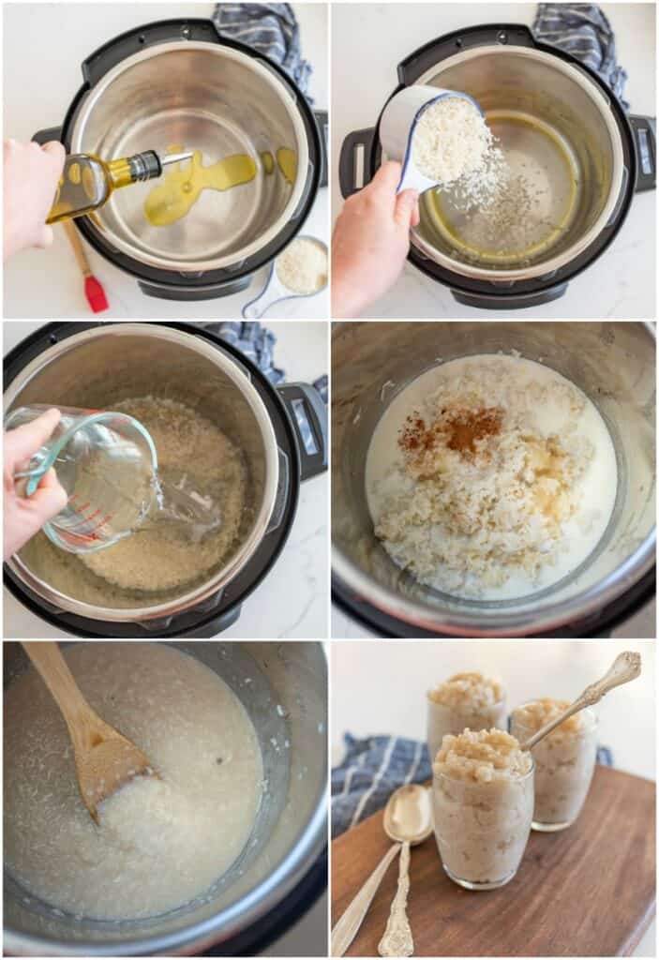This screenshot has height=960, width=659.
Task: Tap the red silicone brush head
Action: pyautogui.click(x=96, y=293)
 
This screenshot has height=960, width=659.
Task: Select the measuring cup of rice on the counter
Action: pyautogui.click(x=300, y=266)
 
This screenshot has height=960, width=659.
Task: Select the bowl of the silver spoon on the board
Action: pyautogui.click(x=408, y=816)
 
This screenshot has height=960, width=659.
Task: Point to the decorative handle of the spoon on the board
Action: pyautogui.click(x=396, y=919)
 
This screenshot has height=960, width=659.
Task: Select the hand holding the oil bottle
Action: pyautogui.click(x=28, y=197)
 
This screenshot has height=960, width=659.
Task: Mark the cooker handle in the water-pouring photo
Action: pyautogui.click(x=306, y=427)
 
